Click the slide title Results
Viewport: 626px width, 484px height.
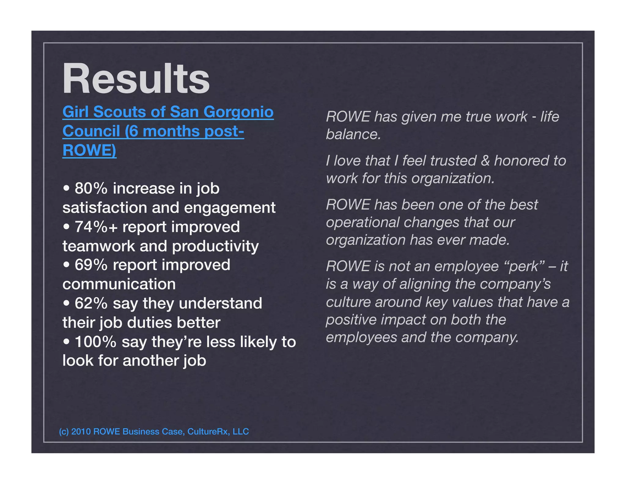(136, 79)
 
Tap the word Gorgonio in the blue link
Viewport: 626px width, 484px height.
(238, 112)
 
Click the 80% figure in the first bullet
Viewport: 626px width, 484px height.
(91, 188)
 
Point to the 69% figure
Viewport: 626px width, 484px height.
(91, 265)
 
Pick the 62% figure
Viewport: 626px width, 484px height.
(91, 303)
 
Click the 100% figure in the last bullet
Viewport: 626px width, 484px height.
(95, 342)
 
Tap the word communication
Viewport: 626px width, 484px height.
(119, 284)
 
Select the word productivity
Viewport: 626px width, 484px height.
(215, 246)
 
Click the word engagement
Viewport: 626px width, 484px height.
(230, 208)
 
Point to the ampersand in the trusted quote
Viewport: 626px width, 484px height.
(485, 161)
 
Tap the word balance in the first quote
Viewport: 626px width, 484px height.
(353, 135)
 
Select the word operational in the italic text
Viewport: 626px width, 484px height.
(363, 222)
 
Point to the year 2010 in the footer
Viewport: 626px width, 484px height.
(81, 431)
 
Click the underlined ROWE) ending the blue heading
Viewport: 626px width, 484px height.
(89, 150)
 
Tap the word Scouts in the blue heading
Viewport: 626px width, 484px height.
(119, 112)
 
